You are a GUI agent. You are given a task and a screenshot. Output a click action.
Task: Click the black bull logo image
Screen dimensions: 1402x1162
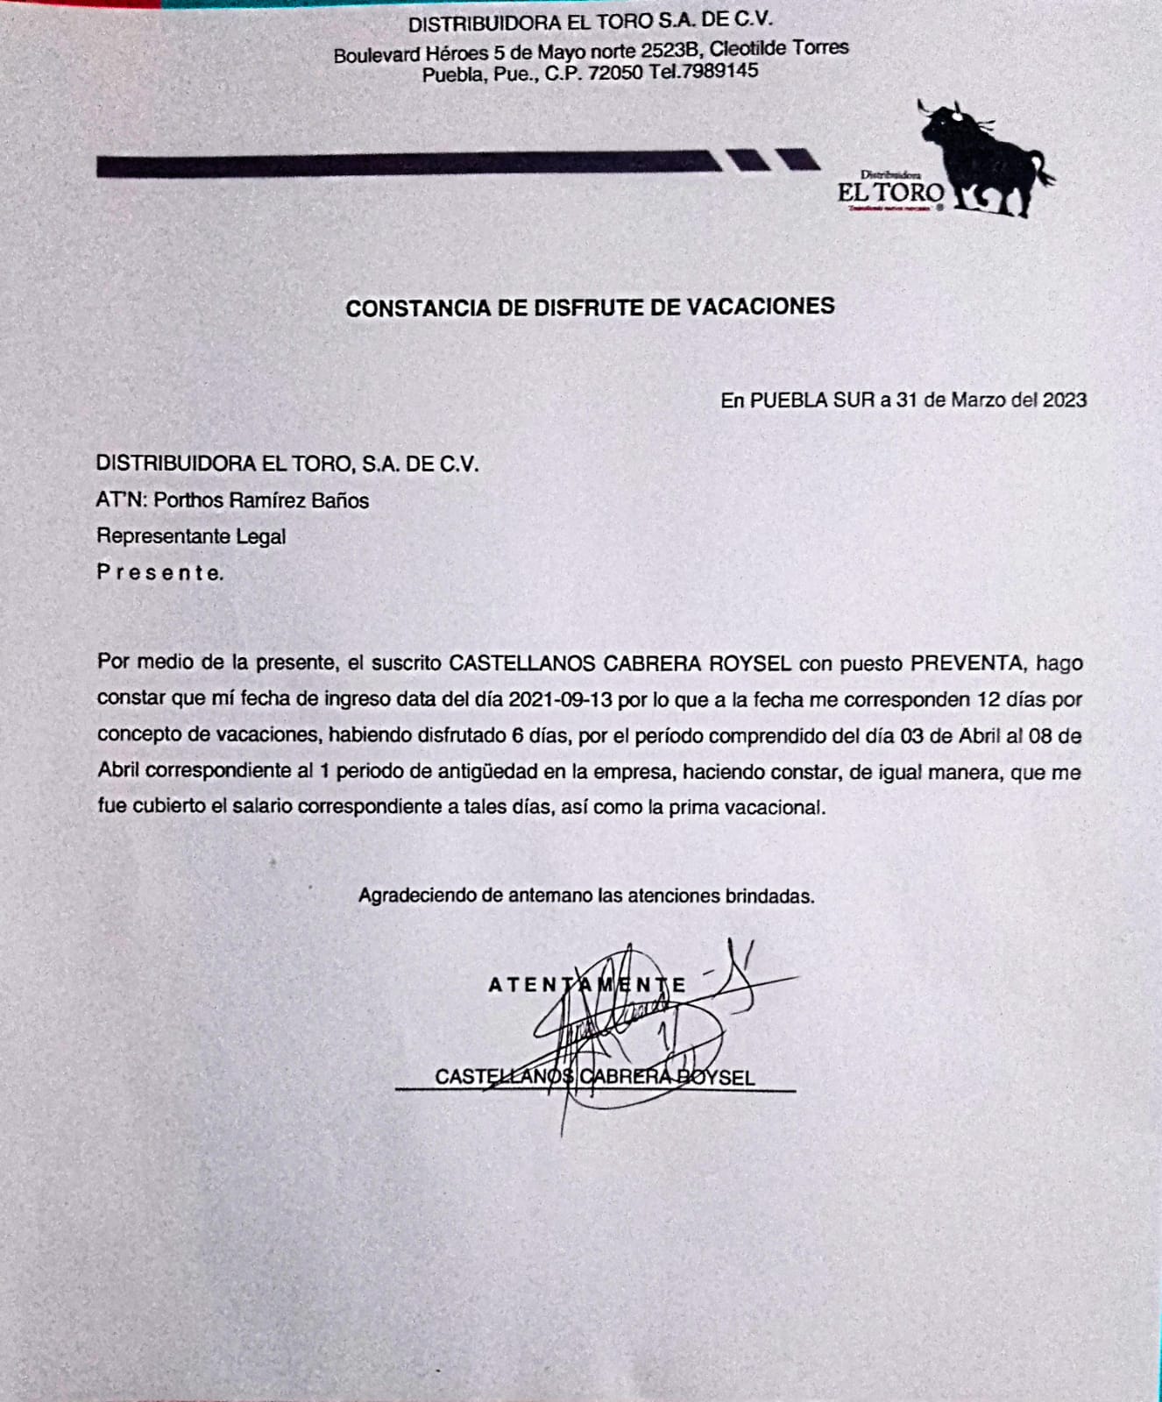pos(986,158)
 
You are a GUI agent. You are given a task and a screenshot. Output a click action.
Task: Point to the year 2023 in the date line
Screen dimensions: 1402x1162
pos(1065,400)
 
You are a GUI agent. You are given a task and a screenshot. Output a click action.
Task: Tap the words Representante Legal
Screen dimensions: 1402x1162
pos(191,536)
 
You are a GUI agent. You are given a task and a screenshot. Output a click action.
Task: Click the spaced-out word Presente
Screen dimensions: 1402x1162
pos(159,573)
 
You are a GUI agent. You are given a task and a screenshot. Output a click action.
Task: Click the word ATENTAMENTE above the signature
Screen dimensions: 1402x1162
pos(587,985)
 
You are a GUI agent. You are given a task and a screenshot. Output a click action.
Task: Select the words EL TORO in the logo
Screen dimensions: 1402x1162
pos(890,193)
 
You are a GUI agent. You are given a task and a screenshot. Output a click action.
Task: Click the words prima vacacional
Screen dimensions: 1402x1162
pos(746,808)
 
